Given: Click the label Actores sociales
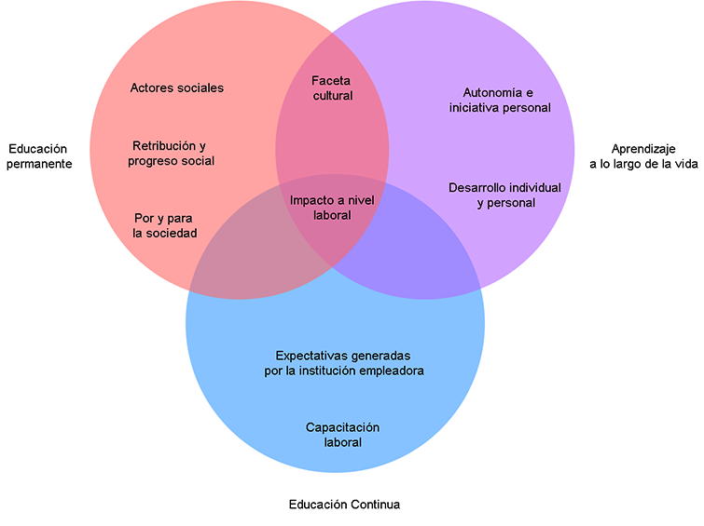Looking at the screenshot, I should coord(177,88).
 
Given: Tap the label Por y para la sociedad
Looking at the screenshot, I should coord(164,226).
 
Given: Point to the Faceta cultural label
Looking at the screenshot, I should coord(333,88).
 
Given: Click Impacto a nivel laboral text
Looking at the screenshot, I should coord(333,208).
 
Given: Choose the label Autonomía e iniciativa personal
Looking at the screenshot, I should coord(499,100).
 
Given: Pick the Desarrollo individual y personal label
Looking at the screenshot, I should coord(504,195).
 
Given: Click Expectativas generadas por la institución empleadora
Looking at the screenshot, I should coord(344,363).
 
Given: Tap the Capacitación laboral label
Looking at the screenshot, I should coord(343,435).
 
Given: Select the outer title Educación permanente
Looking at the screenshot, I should coord(40,155).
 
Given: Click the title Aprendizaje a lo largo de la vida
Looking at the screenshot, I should coord(642,155).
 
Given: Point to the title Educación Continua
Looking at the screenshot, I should coord(344,505).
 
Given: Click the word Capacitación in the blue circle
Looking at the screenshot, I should coord(343,427).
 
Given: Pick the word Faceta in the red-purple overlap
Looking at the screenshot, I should coord(332,81).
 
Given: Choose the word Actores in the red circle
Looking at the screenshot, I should coord(151,88).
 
